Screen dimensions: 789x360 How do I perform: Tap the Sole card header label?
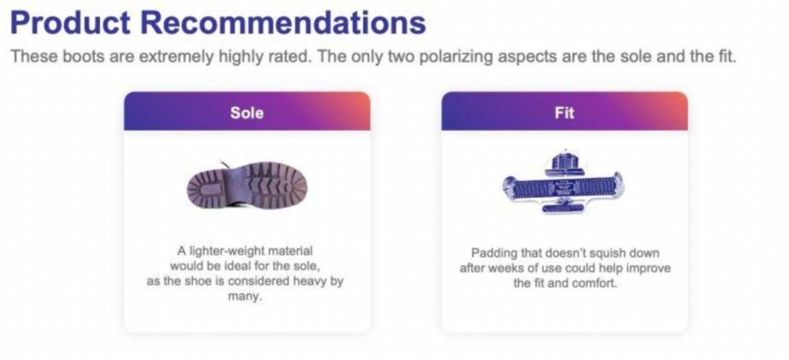(x=247, y=113)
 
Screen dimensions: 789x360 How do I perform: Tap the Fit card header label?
(x=564, y=113)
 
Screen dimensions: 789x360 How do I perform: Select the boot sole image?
(x=247, y=185)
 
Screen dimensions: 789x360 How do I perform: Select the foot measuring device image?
(x=563, y=182)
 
